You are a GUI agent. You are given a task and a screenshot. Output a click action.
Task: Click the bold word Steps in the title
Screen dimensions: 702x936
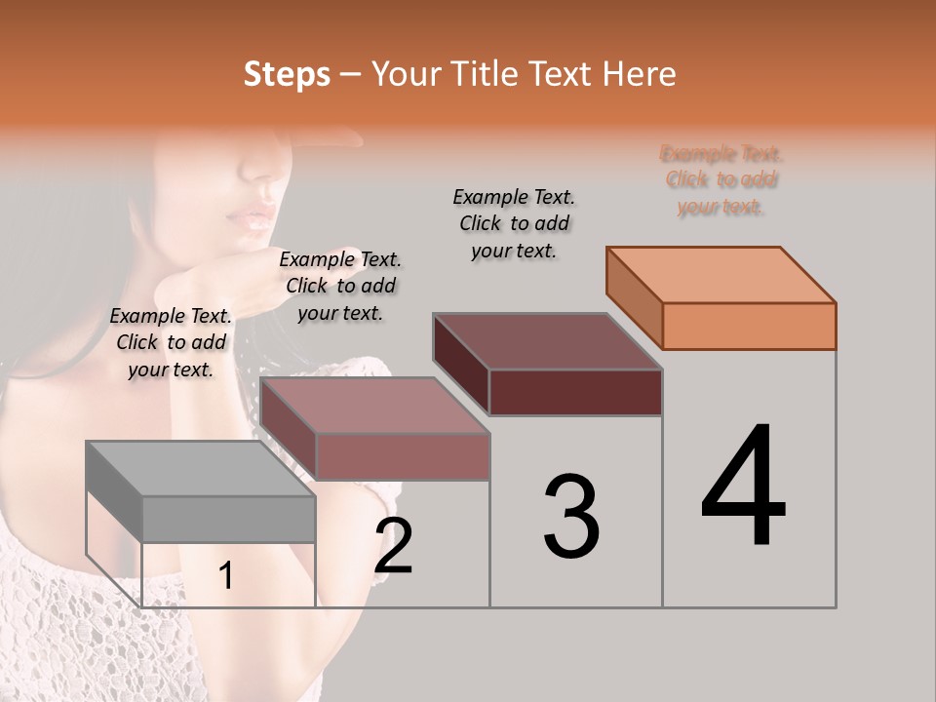287,74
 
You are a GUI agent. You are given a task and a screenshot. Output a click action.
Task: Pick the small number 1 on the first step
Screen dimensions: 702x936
226,576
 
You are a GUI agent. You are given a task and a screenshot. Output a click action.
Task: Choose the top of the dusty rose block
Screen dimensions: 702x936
374,406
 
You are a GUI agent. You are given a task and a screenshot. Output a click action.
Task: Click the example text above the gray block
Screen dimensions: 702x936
171,342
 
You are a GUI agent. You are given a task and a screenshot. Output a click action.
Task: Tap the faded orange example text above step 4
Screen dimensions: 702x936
721,179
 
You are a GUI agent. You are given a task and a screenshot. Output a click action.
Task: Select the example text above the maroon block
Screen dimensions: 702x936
514,223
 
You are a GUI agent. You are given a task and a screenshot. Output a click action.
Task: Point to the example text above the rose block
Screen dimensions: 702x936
340,286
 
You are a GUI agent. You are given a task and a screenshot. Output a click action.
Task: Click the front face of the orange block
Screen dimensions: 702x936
749,326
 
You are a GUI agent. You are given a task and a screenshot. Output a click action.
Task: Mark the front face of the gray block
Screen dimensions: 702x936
228,519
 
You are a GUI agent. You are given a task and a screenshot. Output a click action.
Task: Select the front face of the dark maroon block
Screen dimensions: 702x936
575,392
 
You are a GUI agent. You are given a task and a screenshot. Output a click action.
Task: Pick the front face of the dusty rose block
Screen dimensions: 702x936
402,456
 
